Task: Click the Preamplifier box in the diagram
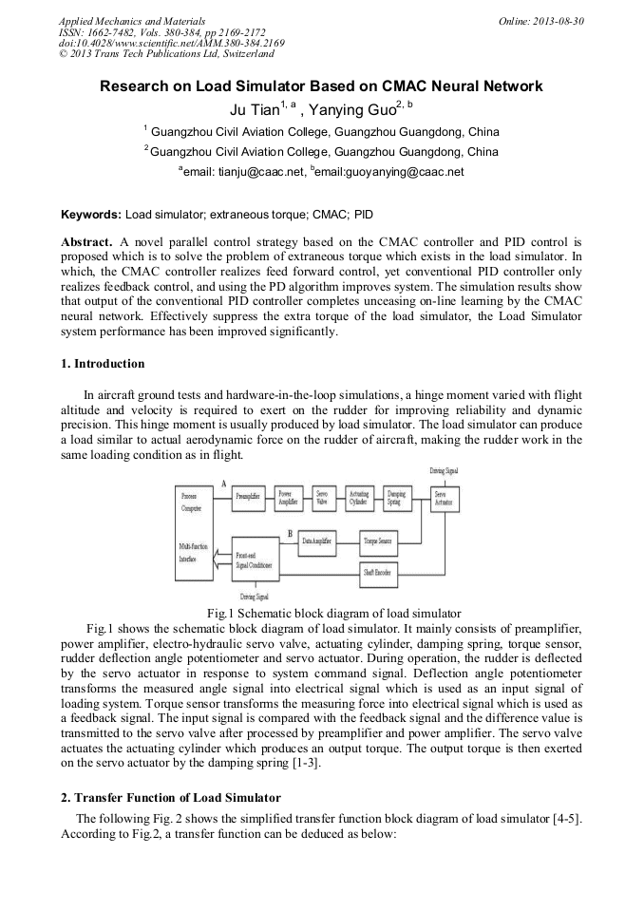pos(249,497)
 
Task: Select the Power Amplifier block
pos(288,497)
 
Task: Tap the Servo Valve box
pos(324,497)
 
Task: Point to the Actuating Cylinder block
pos(359,497)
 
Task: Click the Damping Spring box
pos(394,497)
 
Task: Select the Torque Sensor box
pos(378,541)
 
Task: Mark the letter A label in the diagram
pos(223,484)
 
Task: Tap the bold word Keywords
pos(91,216)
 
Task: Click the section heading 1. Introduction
pos(103,364)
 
